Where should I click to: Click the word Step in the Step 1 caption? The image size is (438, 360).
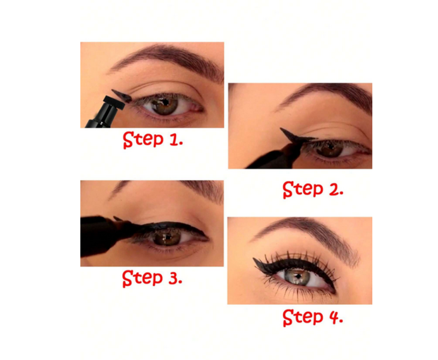143,139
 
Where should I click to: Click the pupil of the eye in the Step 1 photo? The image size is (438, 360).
166,103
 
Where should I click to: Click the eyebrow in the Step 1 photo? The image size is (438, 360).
168,60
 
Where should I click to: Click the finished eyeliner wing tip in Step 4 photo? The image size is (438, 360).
254,259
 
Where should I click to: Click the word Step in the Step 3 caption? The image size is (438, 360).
142,278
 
